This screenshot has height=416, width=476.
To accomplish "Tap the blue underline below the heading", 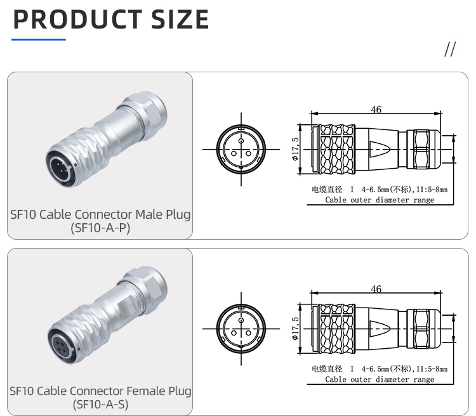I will point(39,40).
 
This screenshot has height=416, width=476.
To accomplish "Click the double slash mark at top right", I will point(450,50).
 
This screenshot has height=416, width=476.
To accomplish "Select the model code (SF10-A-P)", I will point(100,228).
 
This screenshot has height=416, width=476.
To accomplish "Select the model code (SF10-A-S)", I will point(100,404).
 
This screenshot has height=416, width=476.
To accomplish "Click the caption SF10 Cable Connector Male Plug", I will point(100,214).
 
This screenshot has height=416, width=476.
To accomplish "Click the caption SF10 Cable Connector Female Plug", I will point(100,391).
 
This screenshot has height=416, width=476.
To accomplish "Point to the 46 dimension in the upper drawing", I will point(376,110).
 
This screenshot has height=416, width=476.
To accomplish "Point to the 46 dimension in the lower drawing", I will point(376,289).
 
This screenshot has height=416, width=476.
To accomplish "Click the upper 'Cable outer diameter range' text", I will point(380,200).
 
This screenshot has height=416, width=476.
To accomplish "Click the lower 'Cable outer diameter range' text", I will point(380,379).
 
